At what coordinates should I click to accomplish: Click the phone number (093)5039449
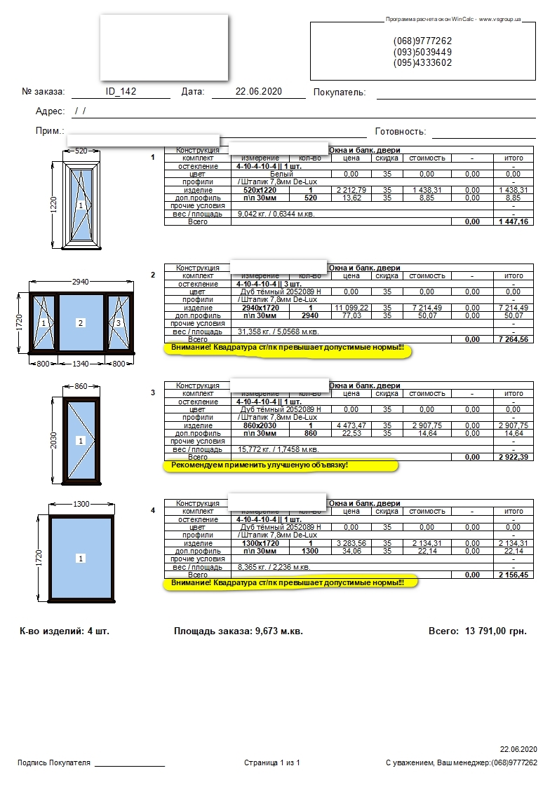[422, 52]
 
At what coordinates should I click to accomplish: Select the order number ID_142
[121, 92]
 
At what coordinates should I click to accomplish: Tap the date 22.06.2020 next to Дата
[259, 92]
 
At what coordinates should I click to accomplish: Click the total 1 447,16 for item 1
[514, 221]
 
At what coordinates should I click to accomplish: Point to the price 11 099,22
[351, 308]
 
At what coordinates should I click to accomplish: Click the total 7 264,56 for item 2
[514, 339]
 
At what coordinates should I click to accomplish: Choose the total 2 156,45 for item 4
[514, 575]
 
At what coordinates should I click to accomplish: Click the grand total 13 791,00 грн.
[495, 631]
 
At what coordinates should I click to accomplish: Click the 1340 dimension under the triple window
[81, 364]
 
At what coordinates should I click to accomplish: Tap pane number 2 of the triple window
[81, 323]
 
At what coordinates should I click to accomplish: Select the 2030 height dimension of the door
[54, 440]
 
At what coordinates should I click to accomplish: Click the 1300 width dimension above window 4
[81, 505]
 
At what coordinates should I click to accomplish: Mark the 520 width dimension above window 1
[81, 151]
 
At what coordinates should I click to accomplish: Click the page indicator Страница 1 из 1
[272, 762]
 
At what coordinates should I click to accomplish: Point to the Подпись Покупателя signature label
[54, 762]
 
